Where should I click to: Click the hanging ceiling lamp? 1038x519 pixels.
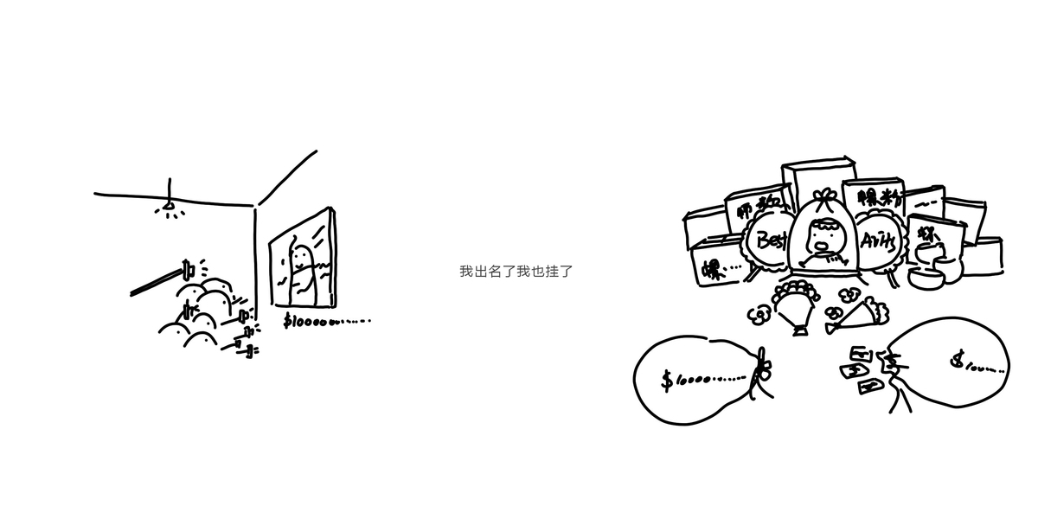[x=170, y=207]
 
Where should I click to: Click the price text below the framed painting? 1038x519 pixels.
[x=327, y=320]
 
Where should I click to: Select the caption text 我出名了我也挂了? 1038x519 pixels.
[x=516, y=271]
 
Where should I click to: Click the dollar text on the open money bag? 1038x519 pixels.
[x=977, y=364]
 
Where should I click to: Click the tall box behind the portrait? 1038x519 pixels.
[x=817, y=177]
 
